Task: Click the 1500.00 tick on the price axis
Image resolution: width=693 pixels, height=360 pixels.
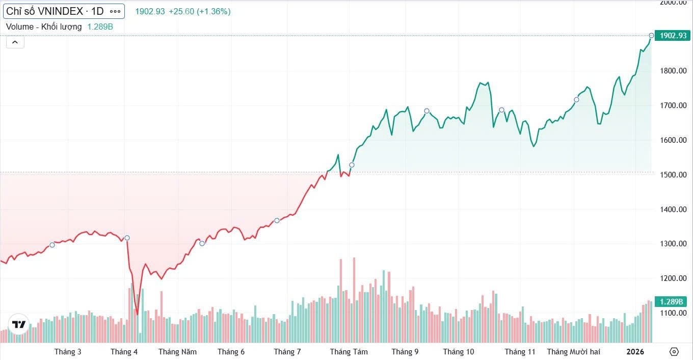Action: [670, 175]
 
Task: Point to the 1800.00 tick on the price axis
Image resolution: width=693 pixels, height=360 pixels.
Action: [670, 71]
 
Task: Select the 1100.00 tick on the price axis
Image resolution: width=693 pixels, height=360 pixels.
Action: [670, 313]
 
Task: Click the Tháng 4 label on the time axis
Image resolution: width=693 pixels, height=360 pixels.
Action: [124, 352]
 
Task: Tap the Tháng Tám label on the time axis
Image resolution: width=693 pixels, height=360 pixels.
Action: [349, 352]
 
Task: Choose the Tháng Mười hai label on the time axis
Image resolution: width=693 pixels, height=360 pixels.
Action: [573, 352]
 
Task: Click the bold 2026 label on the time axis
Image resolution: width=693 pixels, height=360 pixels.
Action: [635, 352]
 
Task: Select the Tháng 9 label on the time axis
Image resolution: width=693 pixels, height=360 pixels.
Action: [405, 352]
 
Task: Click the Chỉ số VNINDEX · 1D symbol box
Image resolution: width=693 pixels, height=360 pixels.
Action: [55, 11]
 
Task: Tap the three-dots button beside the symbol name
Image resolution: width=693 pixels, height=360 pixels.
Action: [116, 11]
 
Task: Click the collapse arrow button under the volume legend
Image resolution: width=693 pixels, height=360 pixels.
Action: [15, 42]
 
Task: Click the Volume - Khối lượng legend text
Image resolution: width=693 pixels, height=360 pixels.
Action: [44, 27]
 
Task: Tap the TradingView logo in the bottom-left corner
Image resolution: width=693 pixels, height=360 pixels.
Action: [19, 324]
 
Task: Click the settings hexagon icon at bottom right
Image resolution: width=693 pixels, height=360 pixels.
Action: [674, 352]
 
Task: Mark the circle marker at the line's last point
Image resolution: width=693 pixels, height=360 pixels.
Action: [651, 36]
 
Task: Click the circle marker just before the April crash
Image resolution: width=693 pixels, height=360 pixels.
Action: [127, 238]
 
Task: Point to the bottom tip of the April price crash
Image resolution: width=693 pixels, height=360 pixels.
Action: [137, 314]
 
